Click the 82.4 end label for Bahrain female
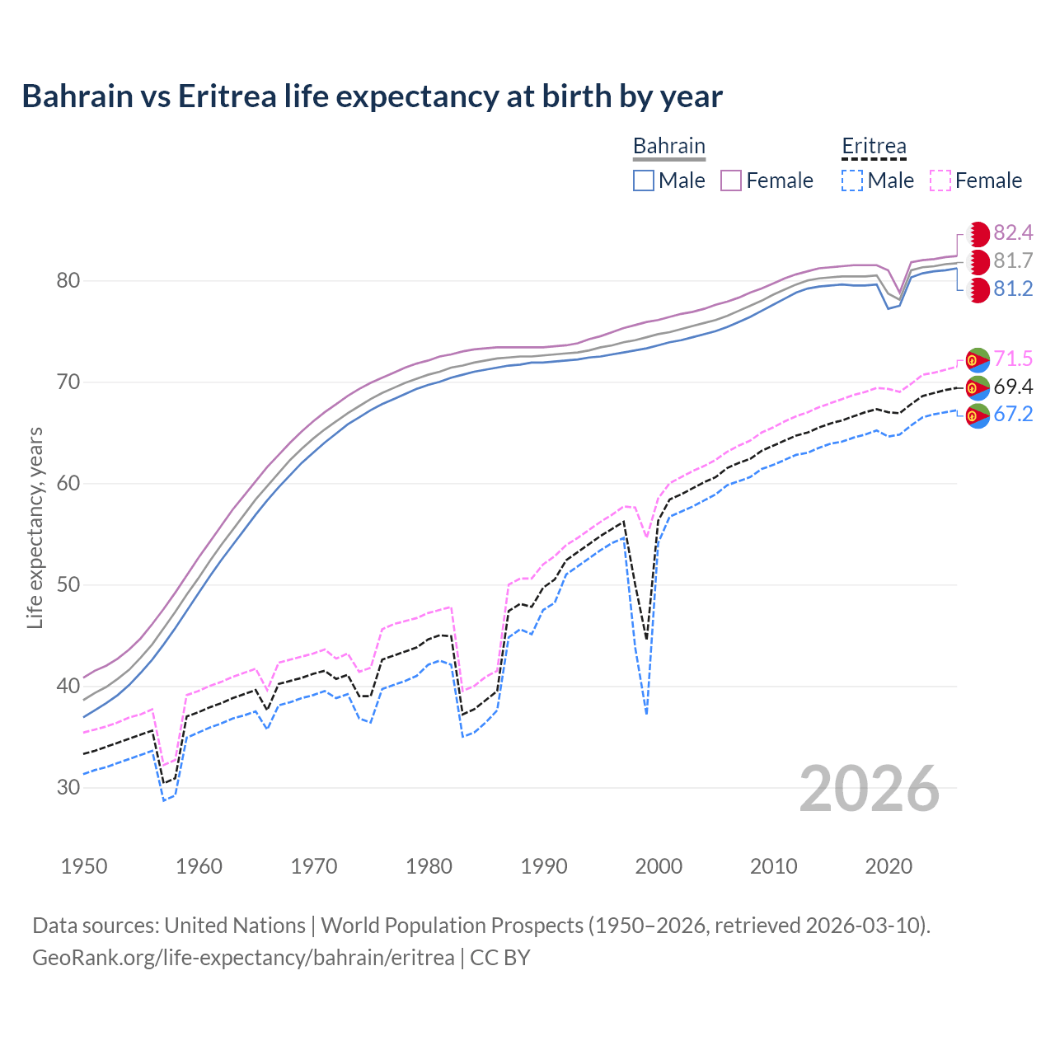pyautogui.click(x=1013, y=233)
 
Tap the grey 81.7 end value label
pyautogui.click(x=1013, y=261)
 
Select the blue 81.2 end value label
pyautogui.click(x=1013, y=289)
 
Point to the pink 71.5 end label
pyautogui.click(x=1013, y=359)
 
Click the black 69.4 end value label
pyautogui.click(x=1013, y=387)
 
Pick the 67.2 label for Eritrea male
pyautogui.click(x=1013, y=415)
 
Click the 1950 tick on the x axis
pyautogui.click(x=84, y=866)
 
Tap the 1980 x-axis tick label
pyautogui.click(x=429, y=866)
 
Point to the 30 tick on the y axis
pyautogui.click(x=68, y=788)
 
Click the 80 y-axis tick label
pyautogui.click(x=68, y=281)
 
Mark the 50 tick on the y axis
pyautogui.click(x=68, y=585)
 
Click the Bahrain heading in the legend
pyautogui.click(x=668, y=146)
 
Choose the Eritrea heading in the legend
pyautogui.click(x=874, y=146)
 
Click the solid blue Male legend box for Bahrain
pyautogui.click(x=644, y=181)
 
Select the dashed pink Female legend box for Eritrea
pyautogui.click(x=940, y=181)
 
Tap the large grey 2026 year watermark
pyautogui.click(x=870, y=789)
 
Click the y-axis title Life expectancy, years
pyautogui.click(x=35, y=527)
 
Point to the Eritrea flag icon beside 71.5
pyautogui.click(x=977, y=360)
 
